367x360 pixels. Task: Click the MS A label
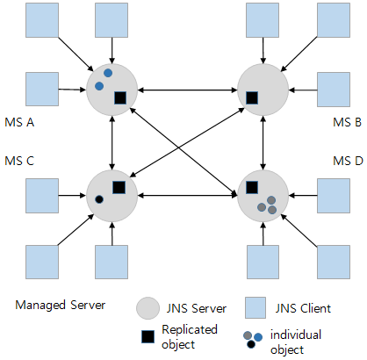point(19,122)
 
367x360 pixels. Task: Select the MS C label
point(19,161)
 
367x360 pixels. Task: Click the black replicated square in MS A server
point(120,97)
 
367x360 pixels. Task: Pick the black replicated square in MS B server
point(251,97)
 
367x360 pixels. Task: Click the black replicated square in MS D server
point(251,187)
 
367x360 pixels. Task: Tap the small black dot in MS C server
point(99,200)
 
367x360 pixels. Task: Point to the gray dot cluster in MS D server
point(267,204)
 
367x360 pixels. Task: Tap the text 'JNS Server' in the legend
point(195,309)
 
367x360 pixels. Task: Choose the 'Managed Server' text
point(60,306)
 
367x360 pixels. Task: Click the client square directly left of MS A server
point(41,89)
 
